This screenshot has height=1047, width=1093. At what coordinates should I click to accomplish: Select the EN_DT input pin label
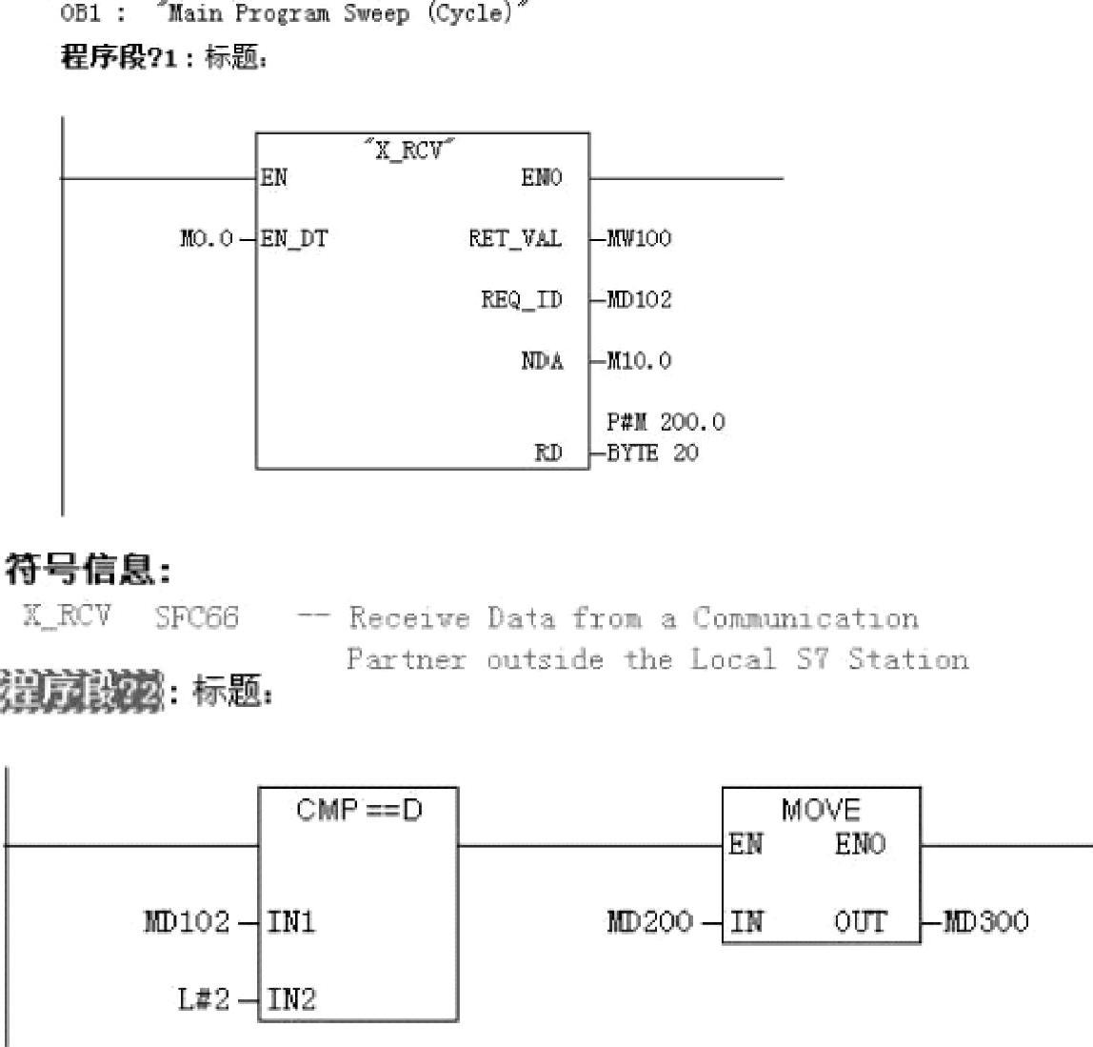[294, 238]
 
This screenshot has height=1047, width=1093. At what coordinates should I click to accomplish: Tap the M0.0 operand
[206, 238]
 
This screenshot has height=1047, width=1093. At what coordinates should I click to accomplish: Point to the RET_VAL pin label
[514, 238]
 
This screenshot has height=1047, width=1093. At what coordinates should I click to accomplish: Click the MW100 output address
[639, 238]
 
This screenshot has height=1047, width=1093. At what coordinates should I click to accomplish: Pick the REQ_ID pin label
[521, 300]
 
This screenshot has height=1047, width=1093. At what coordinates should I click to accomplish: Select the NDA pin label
[542, 361]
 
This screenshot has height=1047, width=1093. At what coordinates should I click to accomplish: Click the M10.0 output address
[639, 361]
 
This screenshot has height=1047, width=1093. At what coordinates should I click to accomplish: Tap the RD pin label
[547, 453]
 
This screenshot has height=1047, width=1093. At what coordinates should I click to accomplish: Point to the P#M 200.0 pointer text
[666, 422]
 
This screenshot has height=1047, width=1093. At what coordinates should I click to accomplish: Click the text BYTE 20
[652, 453]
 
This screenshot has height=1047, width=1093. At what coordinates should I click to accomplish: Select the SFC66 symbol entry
[197, 617]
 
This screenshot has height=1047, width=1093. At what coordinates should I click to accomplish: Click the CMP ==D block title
[359, 811]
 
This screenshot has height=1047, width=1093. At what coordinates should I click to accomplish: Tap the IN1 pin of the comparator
[290, 922]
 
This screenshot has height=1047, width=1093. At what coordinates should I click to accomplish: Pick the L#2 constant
[203, 999]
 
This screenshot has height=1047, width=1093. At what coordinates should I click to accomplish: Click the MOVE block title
[821, 811]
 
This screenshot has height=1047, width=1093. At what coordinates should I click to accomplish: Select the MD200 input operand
[649, 922]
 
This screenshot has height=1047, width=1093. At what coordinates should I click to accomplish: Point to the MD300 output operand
[985, 922]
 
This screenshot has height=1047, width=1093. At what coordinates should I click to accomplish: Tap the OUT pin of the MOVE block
[860, 922]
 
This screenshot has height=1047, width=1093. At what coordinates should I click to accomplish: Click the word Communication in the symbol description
[805, 618]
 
